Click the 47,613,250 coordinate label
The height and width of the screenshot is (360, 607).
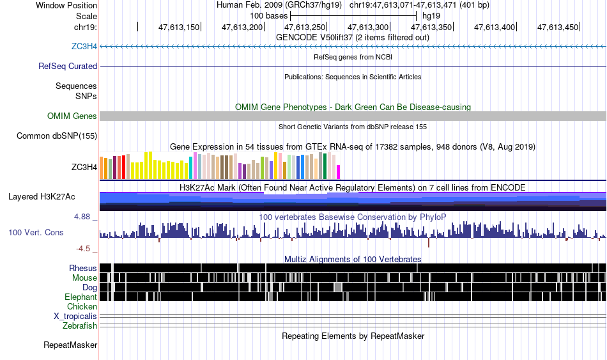[305, 27]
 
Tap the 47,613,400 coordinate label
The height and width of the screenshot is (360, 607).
[495, 27]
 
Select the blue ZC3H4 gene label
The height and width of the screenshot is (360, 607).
[84, 47]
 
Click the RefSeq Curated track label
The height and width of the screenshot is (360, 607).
[68, 67]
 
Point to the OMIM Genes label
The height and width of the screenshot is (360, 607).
[72, 116]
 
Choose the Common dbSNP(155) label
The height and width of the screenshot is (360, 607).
[57, 136]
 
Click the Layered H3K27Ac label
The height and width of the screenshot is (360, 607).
[42, 197]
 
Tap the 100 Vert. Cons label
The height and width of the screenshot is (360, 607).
[36, 233]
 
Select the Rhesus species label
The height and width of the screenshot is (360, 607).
[83, 268]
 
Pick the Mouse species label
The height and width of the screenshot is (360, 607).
[84, 278]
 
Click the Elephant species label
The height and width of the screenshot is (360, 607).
[81, 297]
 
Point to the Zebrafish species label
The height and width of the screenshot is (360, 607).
[80, 326]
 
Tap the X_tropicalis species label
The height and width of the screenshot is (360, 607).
[75, 317]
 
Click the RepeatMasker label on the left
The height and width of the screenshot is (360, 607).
[70, 345]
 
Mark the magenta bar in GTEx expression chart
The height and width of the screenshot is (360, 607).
[338, 172]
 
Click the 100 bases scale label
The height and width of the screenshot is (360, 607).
[268, 16]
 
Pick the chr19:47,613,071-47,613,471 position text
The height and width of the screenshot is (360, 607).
[419, 5]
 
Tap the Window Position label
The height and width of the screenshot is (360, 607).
[66, 5]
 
